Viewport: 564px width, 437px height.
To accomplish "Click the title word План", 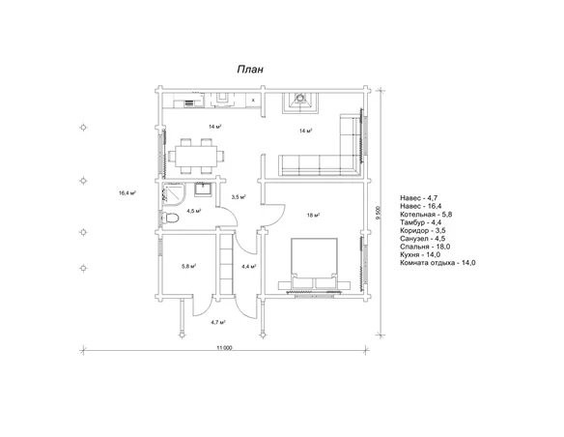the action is [250, 69].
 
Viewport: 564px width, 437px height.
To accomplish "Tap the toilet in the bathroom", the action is [171, 218].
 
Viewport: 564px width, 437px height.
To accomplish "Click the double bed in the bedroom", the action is [314, 264].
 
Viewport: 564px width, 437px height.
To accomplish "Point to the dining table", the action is [196, 157].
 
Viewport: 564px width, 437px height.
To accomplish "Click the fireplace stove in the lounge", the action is [299, 102].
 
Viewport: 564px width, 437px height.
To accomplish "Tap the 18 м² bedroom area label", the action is [313, 216].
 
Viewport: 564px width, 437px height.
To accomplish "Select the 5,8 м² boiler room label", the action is [189, 267].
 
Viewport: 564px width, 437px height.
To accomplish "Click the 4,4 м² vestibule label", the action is [248, 267].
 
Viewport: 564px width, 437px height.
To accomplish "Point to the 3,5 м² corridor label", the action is [239, 197].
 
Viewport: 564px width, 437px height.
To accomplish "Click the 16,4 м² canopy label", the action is [127, 193].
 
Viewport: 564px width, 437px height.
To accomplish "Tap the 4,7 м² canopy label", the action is [218, 322].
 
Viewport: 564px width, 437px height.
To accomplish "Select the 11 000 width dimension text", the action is [224, 348].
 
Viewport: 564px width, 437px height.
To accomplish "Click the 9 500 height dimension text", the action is [377, 213].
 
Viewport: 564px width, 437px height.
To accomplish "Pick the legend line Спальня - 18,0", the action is [425, 247].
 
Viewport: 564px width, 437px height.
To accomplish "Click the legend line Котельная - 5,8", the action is [426, 215].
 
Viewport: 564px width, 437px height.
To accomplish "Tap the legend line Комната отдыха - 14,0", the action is [437, 263].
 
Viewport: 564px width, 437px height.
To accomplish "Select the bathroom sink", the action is [204, 189].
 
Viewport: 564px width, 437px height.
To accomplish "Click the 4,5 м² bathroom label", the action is [193, 211].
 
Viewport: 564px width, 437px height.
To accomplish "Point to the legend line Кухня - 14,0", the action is [420, 255].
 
